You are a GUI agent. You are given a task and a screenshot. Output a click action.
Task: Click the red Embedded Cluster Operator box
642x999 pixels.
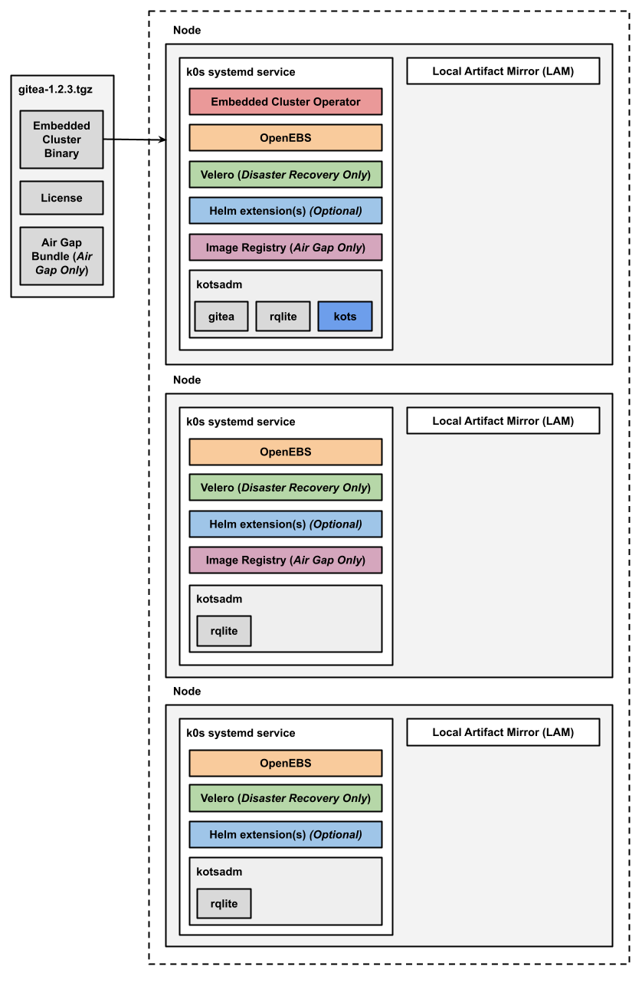point(285,102)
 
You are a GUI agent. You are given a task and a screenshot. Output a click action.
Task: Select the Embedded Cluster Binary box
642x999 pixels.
point(61,140)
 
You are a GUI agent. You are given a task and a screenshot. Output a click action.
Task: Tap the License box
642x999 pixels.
point(61,198)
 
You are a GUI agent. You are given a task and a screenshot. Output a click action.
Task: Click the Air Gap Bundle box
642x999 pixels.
point(61,256)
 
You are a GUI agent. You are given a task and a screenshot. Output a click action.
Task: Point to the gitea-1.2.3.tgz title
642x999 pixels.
point(55,89)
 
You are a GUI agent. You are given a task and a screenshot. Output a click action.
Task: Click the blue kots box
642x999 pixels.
point(345,317)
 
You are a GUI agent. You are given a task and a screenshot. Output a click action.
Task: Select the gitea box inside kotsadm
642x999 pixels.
point(221,317)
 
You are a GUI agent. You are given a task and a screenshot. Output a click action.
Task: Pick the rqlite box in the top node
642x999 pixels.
point(283,317)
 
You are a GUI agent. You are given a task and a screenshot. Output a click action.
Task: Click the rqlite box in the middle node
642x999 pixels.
point(224,631)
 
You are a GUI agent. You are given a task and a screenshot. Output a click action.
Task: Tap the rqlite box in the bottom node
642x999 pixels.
point(224,904)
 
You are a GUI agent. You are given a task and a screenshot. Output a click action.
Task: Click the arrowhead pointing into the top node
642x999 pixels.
point(162,140)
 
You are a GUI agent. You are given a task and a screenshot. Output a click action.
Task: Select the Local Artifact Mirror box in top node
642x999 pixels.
point(503,71)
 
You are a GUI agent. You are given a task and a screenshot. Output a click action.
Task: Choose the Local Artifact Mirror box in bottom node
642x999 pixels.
point(503,732)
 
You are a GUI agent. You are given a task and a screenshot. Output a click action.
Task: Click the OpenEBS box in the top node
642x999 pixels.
point(285,138)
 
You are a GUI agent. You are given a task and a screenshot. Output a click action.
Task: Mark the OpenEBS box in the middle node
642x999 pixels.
point(285,452)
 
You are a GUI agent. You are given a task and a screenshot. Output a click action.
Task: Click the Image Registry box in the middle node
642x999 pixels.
point(285,560)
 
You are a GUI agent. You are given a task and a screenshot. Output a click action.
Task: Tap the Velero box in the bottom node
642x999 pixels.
point(285,798)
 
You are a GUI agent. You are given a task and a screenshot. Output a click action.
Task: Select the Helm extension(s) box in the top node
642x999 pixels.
point(285,211)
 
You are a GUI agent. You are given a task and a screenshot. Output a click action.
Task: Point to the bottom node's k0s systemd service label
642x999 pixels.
point(241,733)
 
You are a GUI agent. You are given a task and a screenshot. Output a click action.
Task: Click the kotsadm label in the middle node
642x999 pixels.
point(219,599)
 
